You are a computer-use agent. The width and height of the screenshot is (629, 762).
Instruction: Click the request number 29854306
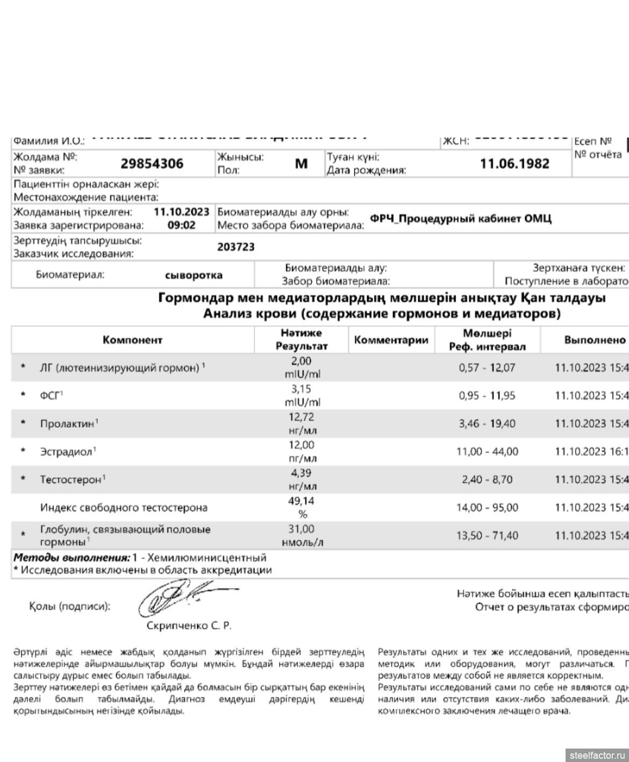tap(152, 163)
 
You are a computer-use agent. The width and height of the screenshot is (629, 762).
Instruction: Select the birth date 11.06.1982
tap(514, 163)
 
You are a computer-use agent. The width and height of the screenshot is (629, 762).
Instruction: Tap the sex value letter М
tap(301, 163)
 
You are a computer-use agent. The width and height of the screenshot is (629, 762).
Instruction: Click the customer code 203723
tap(235, 247)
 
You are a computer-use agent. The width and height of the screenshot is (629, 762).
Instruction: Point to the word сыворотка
tap(194, 275)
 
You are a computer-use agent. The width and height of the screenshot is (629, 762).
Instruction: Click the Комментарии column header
tap(391, 340)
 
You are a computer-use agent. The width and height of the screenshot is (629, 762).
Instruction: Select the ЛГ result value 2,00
tap(301, 362)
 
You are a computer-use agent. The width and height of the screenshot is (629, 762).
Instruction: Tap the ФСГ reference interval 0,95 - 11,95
tap(487, 396)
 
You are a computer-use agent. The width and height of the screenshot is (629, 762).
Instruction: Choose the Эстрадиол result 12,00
tap(301, 445)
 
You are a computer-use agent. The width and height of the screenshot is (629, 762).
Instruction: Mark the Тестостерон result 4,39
tap(301, 473)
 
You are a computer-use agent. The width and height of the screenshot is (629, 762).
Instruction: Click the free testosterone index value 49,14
tap(301, 501)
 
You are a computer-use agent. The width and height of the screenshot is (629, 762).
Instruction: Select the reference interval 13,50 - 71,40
tap(487, 536)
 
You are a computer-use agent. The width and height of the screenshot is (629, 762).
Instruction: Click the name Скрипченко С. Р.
tap(189, 626)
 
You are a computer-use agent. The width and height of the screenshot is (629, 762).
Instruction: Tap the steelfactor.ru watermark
tap(597, 754)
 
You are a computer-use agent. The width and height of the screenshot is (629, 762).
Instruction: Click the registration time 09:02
tap(181, 226)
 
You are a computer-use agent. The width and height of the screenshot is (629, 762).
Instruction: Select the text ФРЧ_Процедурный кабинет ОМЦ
tap(460, 219)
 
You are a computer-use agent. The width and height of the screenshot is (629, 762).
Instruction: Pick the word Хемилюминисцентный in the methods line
tap(207, 558)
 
